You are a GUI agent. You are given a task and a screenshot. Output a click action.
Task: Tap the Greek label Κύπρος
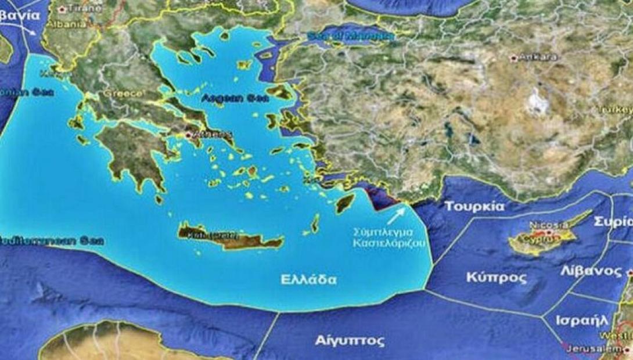click(496, 278)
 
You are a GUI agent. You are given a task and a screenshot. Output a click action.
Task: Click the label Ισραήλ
click(582, 320)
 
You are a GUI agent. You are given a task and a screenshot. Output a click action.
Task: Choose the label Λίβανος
click(591, 271)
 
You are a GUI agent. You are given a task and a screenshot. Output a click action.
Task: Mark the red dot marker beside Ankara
click(513, 58)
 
